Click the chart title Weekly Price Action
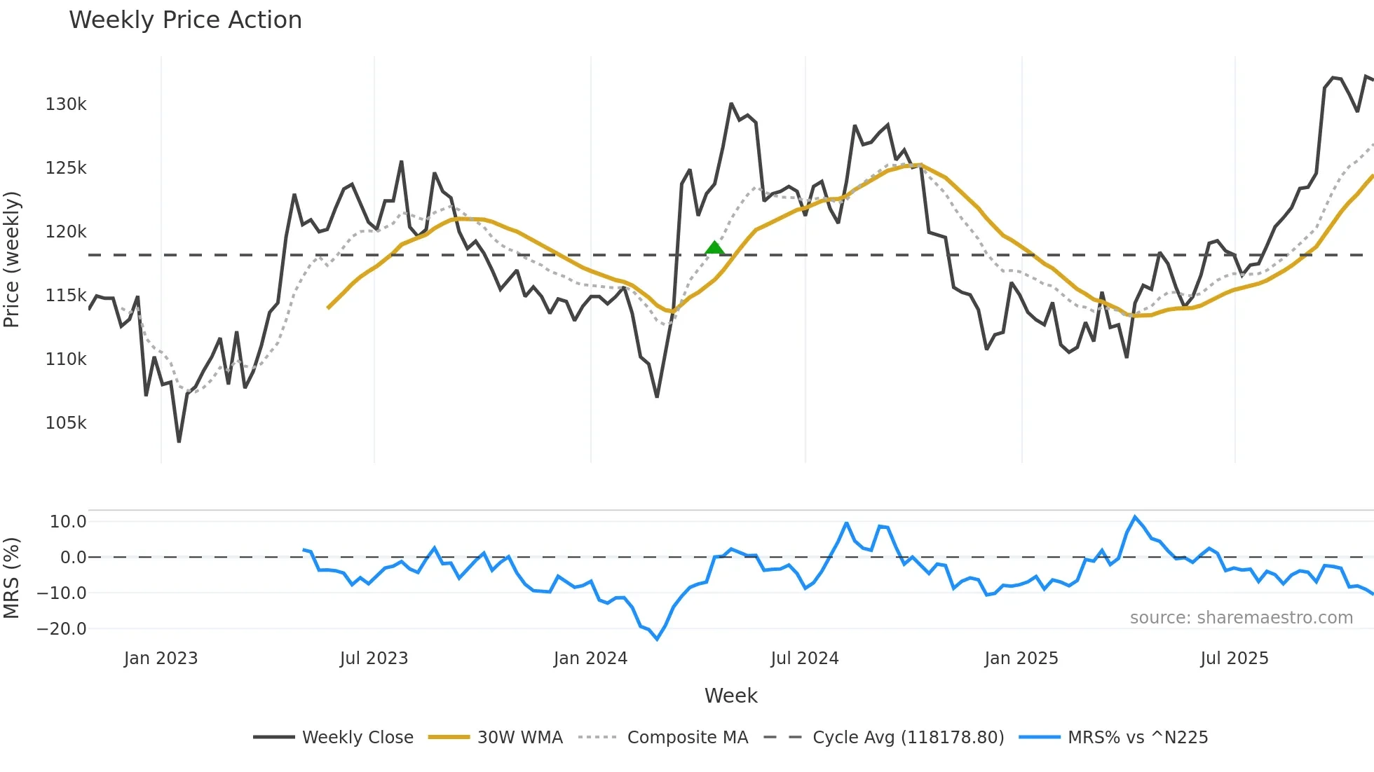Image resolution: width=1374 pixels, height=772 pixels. point(185,20)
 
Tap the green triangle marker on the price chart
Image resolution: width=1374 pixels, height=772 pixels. point(714,247)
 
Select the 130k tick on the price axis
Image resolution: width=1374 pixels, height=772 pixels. point(66,104)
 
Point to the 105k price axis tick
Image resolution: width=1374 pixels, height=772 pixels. point(66,423)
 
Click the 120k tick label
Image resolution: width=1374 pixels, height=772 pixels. point(66,232)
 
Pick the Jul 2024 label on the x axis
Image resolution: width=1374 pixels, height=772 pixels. point(804,659)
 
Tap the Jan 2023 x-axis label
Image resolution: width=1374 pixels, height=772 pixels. point(161,659)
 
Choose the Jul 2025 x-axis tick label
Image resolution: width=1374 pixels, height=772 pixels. point(1234,659)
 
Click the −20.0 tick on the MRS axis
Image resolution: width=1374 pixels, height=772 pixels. point(62,629)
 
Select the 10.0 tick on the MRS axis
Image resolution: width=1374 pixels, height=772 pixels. point(68,522)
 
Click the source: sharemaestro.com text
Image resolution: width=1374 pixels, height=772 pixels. point(1241,618)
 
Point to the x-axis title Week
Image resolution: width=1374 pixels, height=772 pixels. point(730,696)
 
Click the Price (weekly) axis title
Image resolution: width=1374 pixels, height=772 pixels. point(11,259)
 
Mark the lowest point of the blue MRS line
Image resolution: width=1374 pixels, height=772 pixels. point(657,638)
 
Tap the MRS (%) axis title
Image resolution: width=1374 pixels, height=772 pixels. point(11,578)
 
